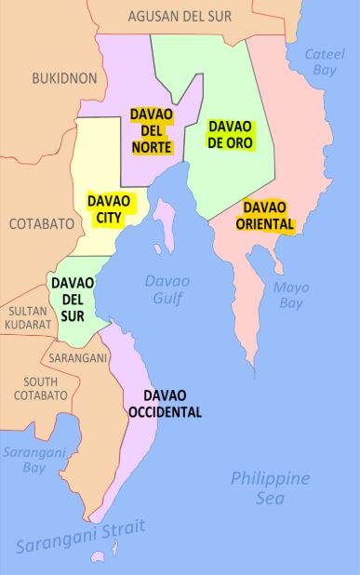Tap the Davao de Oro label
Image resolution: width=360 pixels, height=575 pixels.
[229, 134]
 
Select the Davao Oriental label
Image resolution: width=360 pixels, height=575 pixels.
[267, 215]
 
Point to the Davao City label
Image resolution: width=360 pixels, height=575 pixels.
[108, 208]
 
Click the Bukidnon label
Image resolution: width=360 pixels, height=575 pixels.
[63, 79]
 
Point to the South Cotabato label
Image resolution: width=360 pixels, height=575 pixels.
[41, 388]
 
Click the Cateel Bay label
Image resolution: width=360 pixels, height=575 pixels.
[325, 63]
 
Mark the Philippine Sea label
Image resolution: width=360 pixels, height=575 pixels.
[270, 488]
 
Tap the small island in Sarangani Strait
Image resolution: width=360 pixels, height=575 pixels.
[97, 557]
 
